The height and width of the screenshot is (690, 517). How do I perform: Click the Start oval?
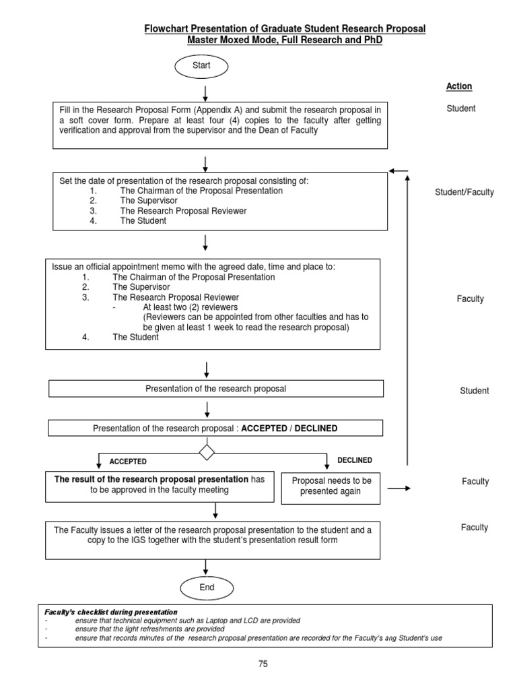pos(201,66)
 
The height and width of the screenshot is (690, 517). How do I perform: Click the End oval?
pos(207,588)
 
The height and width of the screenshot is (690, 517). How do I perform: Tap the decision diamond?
pos(206,451)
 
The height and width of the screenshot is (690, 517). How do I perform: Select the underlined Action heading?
pos(459,86)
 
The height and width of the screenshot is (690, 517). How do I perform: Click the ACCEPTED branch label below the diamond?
pos(128,462)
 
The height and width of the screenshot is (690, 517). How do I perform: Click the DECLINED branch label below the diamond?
pos(355,460)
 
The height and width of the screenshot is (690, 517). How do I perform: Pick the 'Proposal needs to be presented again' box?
pos(331,486)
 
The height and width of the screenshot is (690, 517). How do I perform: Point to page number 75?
pos(263,664)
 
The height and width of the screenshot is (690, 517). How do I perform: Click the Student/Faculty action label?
pos(464,192)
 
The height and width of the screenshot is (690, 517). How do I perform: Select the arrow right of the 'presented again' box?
pos(399,487)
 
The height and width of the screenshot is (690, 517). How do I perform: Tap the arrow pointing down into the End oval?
pos(207,567)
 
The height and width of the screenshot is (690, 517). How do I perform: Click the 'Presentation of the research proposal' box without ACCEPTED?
pos(216,389)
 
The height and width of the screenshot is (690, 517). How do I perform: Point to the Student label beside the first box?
pos(460,108)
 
